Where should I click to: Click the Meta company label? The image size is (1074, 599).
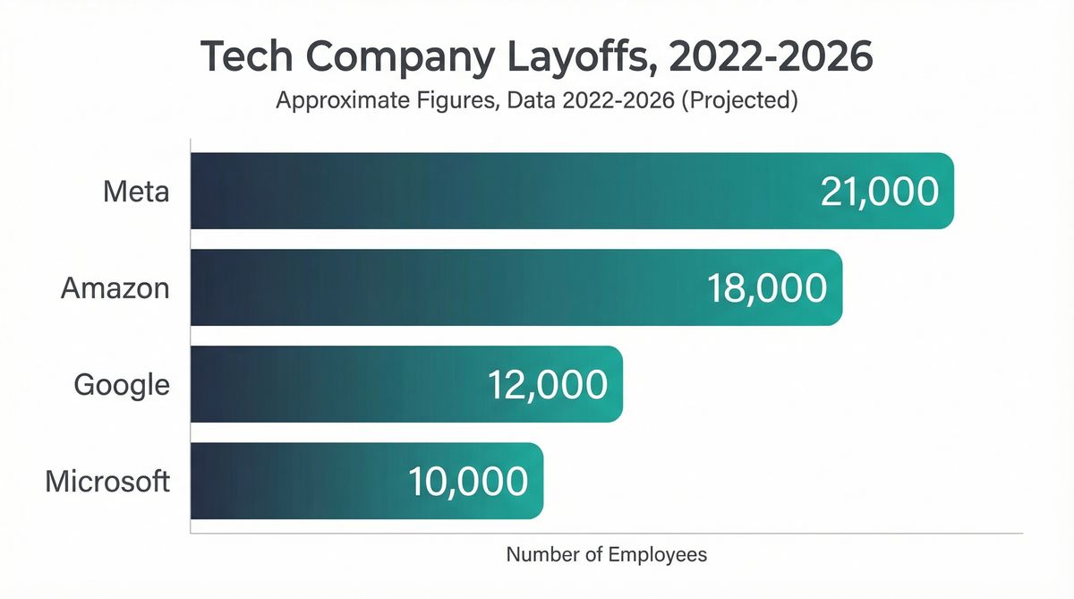(x=136, y=192)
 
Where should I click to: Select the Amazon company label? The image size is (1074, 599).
(x=115, y=288)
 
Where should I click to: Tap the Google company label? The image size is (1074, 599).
(x=122, y=385)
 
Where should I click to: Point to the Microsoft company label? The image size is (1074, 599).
(x=107, y=481)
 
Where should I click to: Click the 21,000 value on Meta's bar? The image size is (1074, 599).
(x=879, y=192)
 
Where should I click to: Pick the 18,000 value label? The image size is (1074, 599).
(x=767, y=288)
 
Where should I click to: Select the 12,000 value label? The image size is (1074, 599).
(x=548, y=385)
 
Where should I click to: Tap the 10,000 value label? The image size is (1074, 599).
(x=468, y=481)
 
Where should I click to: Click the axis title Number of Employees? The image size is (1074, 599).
(x=606, y=554)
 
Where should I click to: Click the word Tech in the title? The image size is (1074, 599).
(x=241, y=57)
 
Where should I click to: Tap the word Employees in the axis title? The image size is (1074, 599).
(x=658, y=554)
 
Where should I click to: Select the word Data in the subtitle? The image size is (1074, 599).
(x=531, y=100)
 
